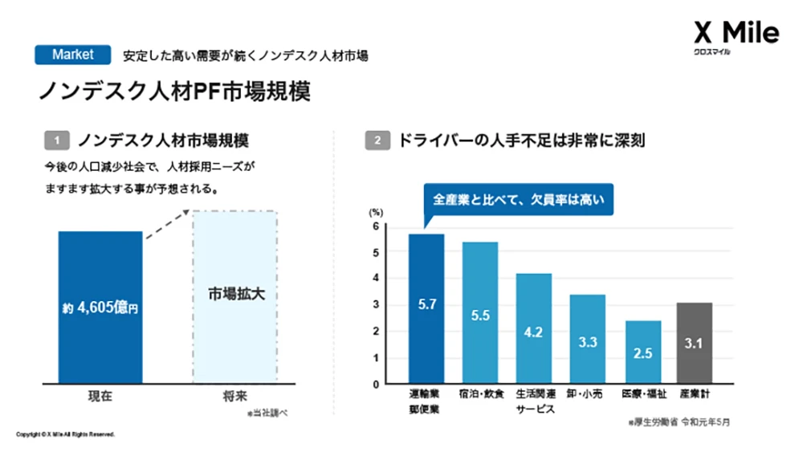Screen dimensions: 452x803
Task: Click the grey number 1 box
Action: pos(57,140)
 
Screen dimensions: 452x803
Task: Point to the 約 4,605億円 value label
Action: pos(100,307)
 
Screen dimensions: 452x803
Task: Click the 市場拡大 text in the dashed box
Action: pos(234,295)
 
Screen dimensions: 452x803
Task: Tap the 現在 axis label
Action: pos(100,397)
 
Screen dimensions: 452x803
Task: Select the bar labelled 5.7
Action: pos(426,308)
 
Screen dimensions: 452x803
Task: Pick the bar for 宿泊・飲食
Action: pos(480,313)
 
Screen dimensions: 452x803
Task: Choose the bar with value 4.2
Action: pos(533,328)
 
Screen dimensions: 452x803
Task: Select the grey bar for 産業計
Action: pos(695,343)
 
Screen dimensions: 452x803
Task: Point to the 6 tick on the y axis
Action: pos(375,226)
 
